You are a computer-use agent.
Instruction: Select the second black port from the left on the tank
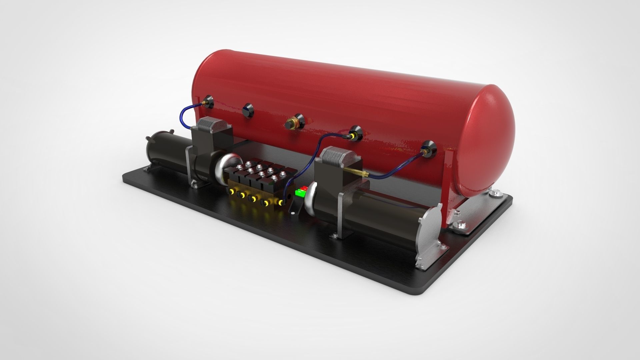click(248, 110)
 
